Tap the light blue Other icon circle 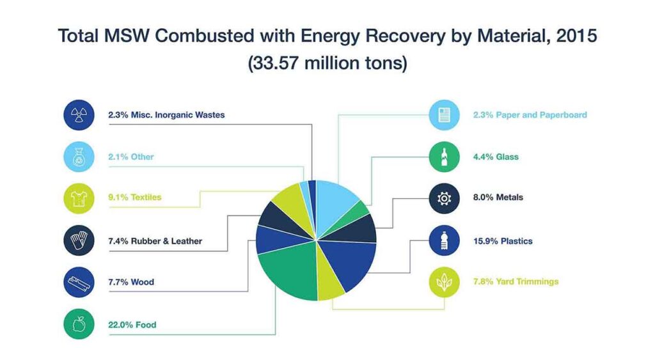pos(79,157)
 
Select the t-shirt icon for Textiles pos(79,198)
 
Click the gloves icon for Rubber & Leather pos(79,241)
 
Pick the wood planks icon pos(79,282)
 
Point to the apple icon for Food pos(79,325)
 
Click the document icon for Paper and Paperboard pos(444,115)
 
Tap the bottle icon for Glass pos(444,157)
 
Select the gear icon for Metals pos(444,198)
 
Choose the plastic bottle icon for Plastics pos(444,241)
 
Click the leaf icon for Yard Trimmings pos(444,282)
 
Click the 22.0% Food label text pos(132,325)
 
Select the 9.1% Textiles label pos(134,198)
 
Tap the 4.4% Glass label pos(495,157)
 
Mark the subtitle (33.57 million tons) pos(327,65)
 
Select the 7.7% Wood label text pos(130,282)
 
